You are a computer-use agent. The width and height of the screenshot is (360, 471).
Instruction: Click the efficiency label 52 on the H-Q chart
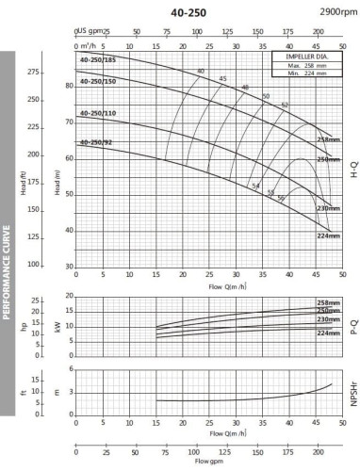[284, 105]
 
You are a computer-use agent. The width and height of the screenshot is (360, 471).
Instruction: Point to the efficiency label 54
[255, 159]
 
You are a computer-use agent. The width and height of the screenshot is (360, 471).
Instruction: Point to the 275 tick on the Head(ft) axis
[35, 72]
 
